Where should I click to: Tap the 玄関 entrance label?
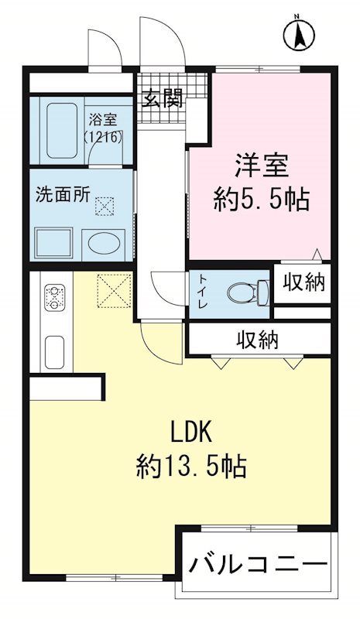pos(163,98)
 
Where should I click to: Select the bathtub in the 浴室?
pos(61,130)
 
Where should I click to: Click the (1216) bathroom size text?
pos(103,137)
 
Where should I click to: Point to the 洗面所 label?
pos(63,195)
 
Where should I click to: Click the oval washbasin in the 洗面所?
pos(104,244)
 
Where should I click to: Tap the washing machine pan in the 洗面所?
pos(53,243)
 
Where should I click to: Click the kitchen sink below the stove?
pos(54,352)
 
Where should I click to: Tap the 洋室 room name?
pos(262,166)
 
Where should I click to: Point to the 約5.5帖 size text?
pos(261,200)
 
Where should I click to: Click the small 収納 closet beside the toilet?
pos(303,282)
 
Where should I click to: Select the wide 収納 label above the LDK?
pos(258,340)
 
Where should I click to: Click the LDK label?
pos(191,432)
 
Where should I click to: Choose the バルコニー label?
pos(259,563)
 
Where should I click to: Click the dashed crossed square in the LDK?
pos(115,291)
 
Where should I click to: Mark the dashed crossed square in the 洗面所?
pos(105,207)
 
